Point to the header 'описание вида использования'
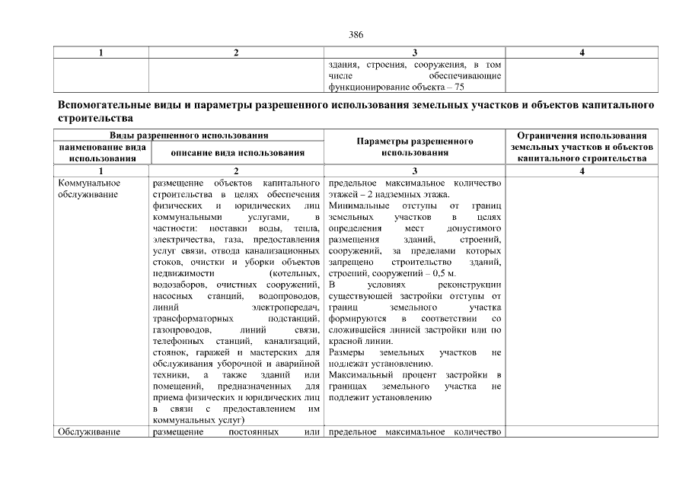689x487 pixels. point(238,152)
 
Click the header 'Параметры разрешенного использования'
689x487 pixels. point(415,147)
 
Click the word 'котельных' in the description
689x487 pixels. point(295,272)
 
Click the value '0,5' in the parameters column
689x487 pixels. point(441,272)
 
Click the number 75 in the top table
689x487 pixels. point(459,88)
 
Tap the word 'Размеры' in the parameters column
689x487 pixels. point(346,353)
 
